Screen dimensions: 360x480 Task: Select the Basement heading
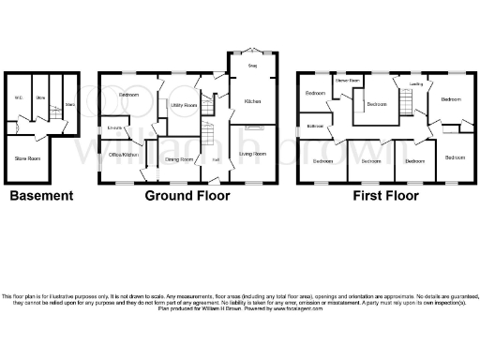(41, 196)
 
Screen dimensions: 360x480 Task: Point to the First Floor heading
(385, 196)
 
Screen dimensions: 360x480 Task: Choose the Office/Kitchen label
(124, 153)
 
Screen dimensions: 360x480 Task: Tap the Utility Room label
(184, 105)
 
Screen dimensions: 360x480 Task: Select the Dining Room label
(179, 160)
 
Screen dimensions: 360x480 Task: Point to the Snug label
(252, 66)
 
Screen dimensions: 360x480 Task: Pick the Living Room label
(253, 153)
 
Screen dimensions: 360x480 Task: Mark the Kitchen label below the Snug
(253, 100)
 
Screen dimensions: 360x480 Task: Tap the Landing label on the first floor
(415, 84)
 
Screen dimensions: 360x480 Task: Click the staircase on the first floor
(406, 99)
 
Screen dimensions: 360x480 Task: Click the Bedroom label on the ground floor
(130, 95)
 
